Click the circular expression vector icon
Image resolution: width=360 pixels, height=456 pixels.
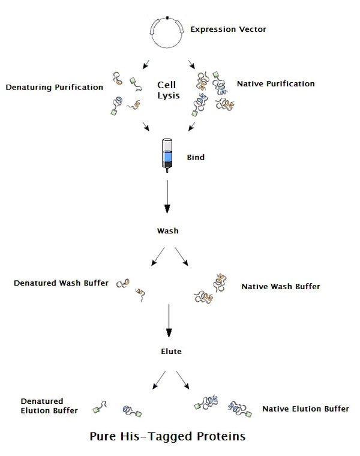pyautogui.click(x=169, y=32)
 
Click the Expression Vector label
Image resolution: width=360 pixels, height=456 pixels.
pyautogui.click(x=220, y=29)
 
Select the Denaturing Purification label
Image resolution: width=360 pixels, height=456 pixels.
pyautogui.click(x=54, y=87)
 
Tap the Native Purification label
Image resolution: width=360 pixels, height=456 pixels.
pyautogui.click(x=275, y=83)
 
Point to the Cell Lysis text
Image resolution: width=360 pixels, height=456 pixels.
pyautogui.click(x=167, y=91)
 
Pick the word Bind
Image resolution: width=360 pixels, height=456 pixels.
pyautogui.click(x=196, y=158)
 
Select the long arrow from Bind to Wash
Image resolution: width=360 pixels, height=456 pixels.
pyautogui.click(x=167, y=197)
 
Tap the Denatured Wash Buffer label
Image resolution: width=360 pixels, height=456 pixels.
pyautogui.click(x=61, y=283)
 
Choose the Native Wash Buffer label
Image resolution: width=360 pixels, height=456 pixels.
pyautogui.click(x=280, y=287)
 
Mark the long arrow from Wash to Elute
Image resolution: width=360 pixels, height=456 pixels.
pyautogui.click(x=169, y=320)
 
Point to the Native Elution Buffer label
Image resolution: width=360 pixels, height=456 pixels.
pyautogui.click(x=305, y=409)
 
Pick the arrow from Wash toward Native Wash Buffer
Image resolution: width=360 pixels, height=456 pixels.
pyautogui.click(x=182, y=256)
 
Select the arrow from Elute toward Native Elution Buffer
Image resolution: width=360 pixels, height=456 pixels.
pyautogui.click(x=182, y=379)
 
